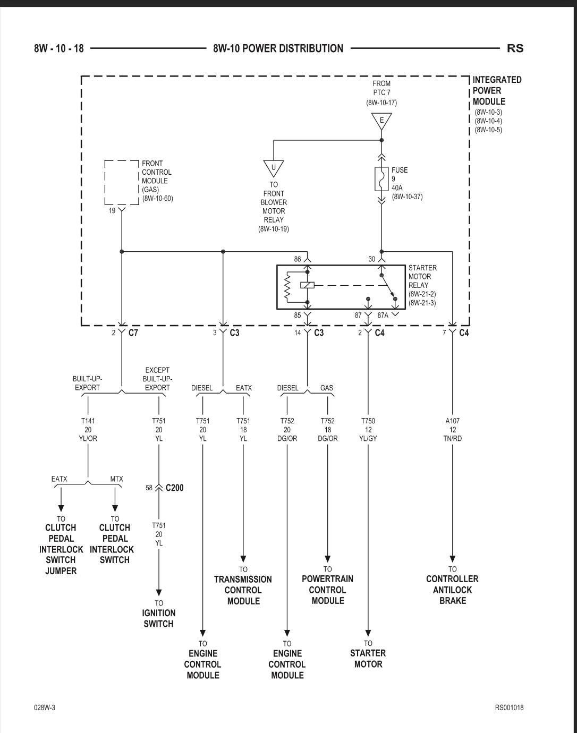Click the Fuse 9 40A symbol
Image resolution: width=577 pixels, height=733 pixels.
point(381,180)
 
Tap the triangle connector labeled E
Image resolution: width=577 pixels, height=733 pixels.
point(381,120)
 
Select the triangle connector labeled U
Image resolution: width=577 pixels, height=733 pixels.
point(274,167)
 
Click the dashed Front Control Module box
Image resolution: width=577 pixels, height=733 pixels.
point(122,182)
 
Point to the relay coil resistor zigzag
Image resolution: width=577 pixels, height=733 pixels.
point(287,287)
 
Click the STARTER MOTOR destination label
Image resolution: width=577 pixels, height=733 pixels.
point(368,659)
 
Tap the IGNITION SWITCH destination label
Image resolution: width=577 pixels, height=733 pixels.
point(158,618)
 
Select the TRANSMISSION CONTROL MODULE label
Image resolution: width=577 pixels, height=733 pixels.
point(243,590)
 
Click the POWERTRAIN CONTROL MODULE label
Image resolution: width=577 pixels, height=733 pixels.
point(327,590)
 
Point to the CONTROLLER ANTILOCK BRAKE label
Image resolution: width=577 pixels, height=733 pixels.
point(452,590)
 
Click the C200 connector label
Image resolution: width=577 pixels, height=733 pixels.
point(175,488)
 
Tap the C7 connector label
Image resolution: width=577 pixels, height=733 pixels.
point(133,333)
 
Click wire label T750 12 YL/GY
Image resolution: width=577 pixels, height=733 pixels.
point(368,430)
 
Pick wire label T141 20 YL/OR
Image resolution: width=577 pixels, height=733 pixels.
point(88,430)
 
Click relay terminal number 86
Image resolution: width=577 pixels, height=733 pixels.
point(297,259)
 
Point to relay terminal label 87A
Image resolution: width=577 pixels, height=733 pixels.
point(383,316)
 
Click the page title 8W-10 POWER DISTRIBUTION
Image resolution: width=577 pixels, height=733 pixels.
point(278,48)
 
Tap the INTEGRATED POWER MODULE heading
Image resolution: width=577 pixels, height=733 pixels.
point(497,90)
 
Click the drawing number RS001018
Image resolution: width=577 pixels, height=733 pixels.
point(509,708)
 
